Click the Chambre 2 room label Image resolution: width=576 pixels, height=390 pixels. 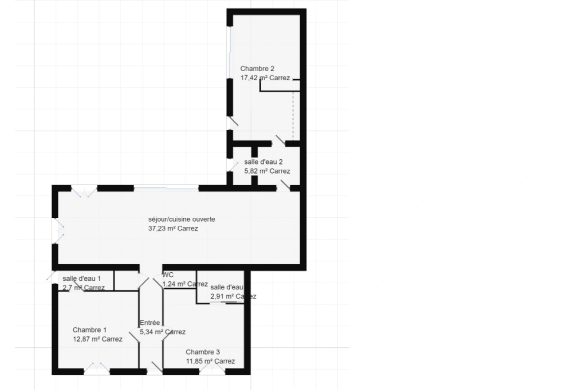[x=257, y=69]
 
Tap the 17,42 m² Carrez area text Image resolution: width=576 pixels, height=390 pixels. [x=265, y=78]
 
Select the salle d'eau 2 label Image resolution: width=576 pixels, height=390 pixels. [x=263, y=162]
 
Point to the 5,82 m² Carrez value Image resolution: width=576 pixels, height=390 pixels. [x=267, y=171]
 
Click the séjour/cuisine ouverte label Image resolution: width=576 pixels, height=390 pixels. [x=181, y=219]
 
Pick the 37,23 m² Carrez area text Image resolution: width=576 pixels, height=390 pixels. [x=173, y=229]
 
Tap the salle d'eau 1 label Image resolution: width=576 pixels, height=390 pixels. [x=82, y=278]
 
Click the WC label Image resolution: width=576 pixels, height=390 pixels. [x=168, y=275]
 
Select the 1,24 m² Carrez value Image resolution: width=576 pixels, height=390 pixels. [x=185, y=284]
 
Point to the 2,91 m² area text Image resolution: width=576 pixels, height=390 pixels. [x=233, y=296]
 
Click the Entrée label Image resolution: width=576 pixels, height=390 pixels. [x=150, y=323]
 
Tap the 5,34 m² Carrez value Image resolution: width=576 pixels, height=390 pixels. [x=163, y=332]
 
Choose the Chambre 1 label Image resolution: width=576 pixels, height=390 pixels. [x=89, y=330]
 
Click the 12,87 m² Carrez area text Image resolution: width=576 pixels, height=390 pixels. [x=97, y=339]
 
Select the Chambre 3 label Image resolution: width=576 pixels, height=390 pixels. [x=203, y=352]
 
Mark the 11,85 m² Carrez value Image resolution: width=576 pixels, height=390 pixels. [x=210, y=361]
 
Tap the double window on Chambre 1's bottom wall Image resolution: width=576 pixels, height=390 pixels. [x=97, y=369]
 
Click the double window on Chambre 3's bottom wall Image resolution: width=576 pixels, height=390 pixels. [x=212, y=369]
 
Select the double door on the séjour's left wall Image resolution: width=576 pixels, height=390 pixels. [x=58, y=231]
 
